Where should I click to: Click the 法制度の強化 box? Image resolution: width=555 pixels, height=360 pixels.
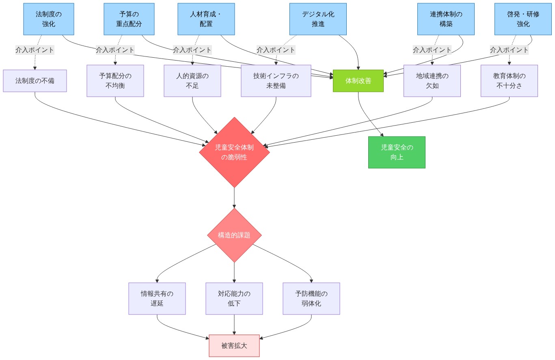49,19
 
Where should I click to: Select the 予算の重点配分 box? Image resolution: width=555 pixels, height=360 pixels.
129,19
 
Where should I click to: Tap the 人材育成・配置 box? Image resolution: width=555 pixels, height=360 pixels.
206,19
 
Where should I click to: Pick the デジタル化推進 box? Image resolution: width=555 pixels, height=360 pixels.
318,19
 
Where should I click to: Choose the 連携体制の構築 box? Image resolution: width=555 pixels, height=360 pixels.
446,19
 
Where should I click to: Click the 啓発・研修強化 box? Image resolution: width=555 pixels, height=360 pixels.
523,19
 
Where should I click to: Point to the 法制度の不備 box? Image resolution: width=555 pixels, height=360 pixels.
35,81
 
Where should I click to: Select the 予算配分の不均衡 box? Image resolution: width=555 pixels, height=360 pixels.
115,81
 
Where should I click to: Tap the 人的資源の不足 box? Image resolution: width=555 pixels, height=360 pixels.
192,81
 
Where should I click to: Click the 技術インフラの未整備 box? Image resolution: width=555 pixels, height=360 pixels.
276,81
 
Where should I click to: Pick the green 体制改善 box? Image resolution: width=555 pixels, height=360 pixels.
358,81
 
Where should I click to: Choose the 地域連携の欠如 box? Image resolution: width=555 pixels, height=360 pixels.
432,81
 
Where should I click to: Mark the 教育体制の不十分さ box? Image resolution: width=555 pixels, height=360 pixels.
509,81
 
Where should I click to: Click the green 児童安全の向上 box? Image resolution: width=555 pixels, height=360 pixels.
397,152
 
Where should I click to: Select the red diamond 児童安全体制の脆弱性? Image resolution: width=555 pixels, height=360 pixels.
234,152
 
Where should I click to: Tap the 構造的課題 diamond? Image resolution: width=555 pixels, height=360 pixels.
234,235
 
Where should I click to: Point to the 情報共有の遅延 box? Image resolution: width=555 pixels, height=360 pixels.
157,299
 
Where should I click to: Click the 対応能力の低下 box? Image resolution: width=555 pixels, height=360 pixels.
234,299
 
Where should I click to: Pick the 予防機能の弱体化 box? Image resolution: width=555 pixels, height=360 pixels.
311,299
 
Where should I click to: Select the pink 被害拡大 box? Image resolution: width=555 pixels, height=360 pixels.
234,346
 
